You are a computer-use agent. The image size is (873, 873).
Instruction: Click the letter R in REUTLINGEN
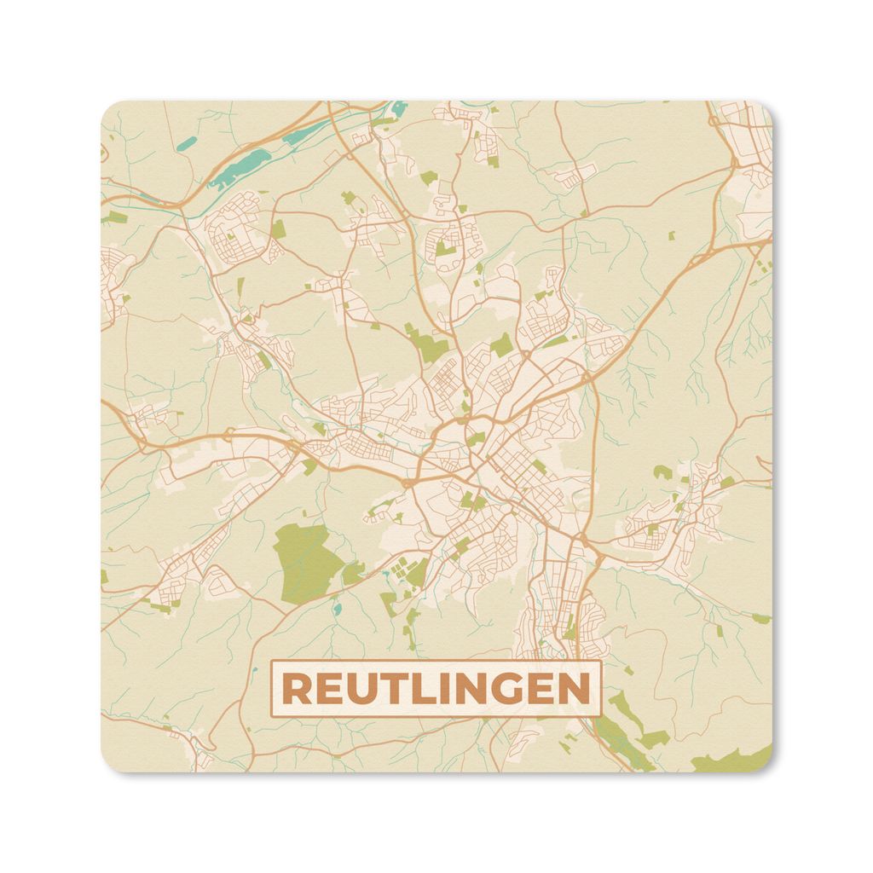click(297, 689)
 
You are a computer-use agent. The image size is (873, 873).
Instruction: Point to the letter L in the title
click(419, 689)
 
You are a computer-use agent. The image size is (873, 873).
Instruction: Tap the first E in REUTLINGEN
click(328, 689)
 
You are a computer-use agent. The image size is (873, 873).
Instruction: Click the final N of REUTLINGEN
click(572, 689)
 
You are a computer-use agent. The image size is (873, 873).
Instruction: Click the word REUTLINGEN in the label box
click(436, 689)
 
